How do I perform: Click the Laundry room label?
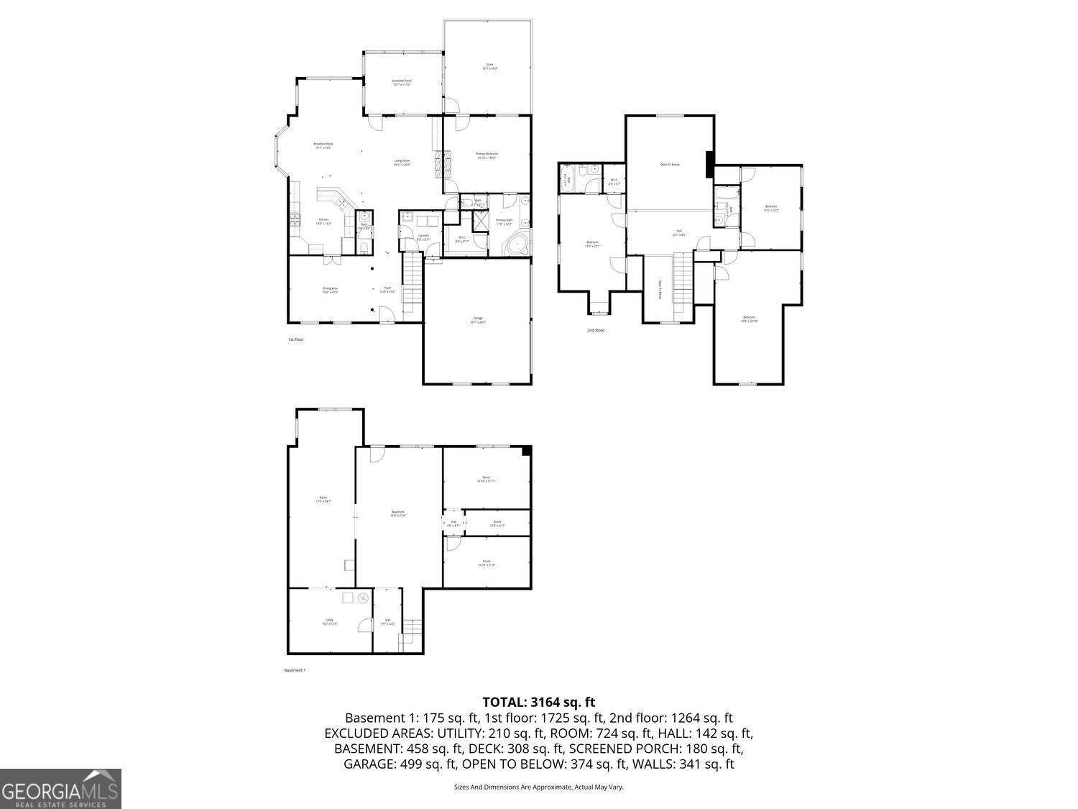coord(423,237)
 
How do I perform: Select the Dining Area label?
coord(330,290)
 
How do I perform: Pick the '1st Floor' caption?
coord(295,339)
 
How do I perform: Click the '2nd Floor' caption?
coord(595,330)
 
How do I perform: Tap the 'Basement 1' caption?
coord(295,670)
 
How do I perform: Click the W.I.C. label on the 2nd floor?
coord(613,181)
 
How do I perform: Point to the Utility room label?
coord(329,621)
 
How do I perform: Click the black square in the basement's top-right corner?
coord(526,451)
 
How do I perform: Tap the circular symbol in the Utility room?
coord(364,598)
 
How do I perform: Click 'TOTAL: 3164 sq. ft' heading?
coord(538,702)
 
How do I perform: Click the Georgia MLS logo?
coord(60,789)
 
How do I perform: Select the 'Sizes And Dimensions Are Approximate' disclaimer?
coord(538,787)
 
